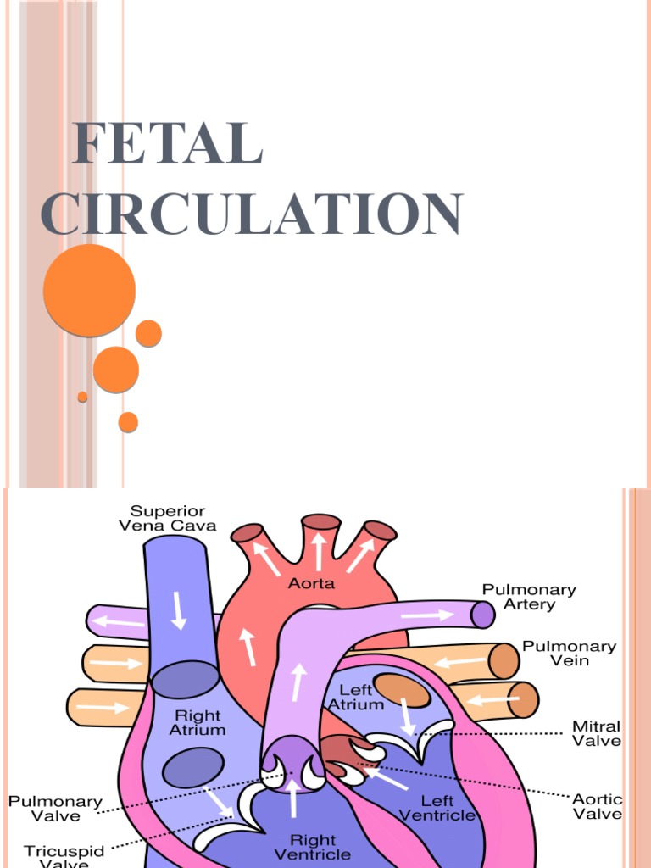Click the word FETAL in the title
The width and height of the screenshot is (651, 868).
[x=168, y=144]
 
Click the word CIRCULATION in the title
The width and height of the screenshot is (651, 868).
[x=252, y=215]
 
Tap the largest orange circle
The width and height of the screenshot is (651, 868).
[x=89, y=291]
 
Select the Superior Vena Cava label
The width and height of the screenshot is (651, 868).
[x=173, y=518]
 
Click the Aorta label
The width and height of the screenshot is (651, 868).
[x=312, y=583]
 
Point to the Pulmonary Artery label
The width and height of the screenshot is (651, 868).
[x=529, y=597]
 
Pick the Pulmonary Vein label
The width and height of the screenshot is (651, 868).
[x=568, y=653]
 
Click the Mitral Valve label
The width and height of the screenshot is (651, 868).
[x=597, y=733]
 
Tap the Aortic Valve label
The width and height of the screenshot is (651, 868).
[x=597, y=806]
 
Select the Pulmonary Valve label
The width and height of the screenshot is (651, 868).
[x=56, y=809]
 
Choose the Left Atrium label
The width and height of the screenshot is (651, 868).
[x=356, y=697]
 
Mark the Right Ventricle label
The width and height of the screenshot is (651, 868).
[x=314, y=847]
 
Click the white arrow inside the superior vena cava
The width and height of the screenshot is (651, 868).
[x=179, y=610]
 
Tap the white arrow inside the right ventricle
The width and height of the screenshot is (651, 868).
[x=293, y=796]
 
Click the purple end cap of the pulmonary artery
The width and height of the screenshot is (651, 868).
[x=482, y=614]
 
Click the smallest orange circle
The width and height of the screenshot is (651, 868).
[x=82, y=397]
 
